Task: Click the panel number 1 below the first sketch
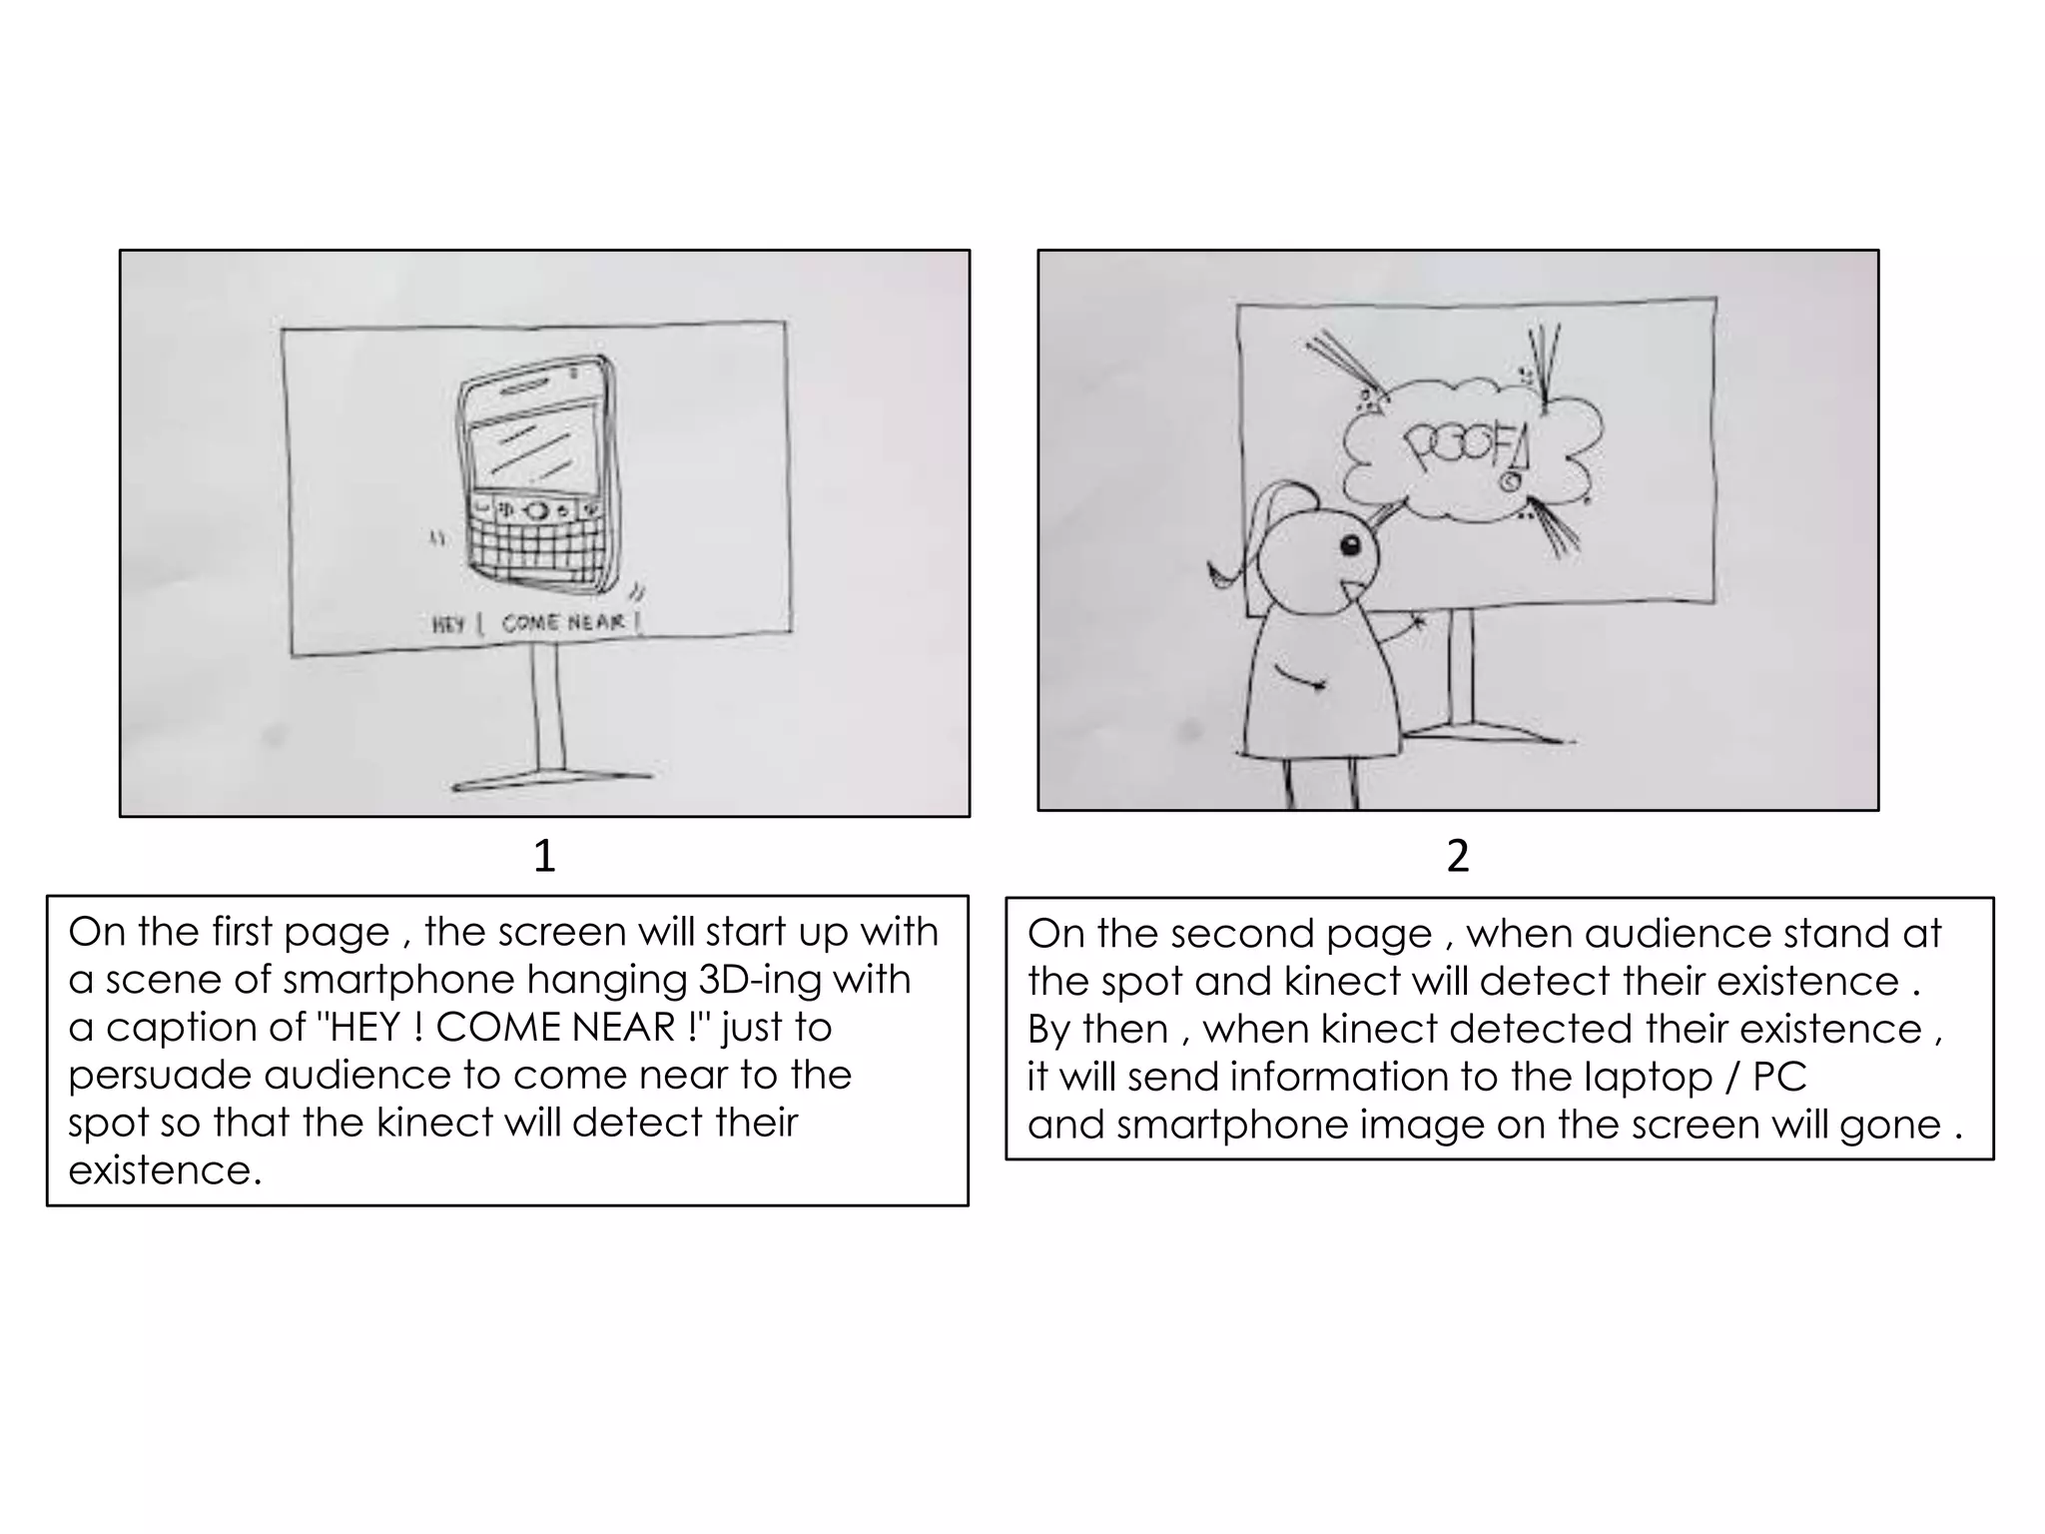(543, 856)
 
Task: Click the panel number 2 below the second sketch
(1457, 856)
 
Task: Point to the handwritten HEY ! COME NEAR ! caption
(535, 623)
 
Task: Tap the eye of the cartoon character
(1349, 545)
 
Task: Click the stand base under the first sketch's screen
(551, 780)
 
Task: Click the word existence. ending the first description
(165, 1170)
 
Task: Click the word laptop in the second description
(1647, 1078)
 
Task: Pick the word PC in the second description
(1779, 1077)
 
